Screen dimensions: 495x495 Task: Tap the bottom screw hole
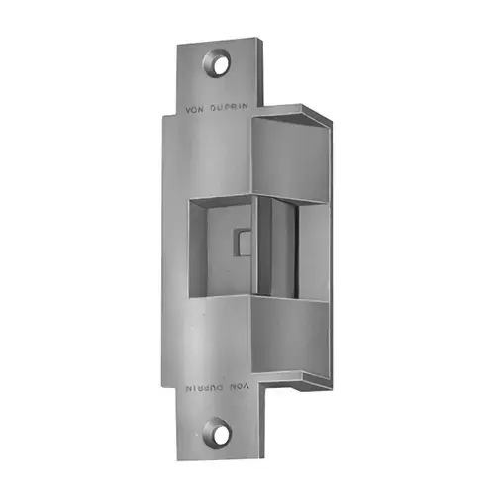[217, 433]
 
